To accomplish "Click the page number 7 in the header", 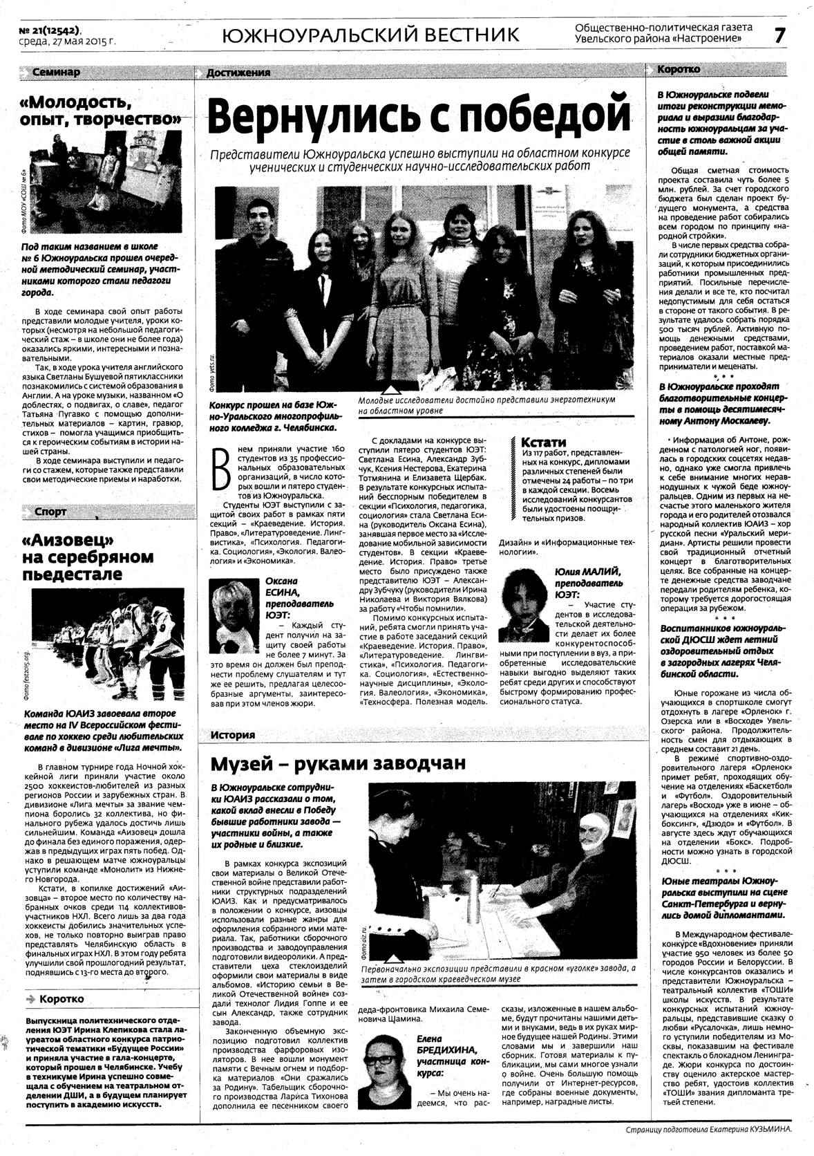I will coord(779,35).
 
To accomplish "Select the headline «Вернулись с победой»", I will coord(419,116).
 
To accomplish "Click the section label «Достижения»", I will coord(238,73).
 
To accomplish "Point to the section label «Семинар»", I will coord(56,72).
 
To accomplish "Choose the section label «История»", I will coord(233,734).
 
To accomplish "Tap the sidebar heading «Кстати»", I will coord(543,442).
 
